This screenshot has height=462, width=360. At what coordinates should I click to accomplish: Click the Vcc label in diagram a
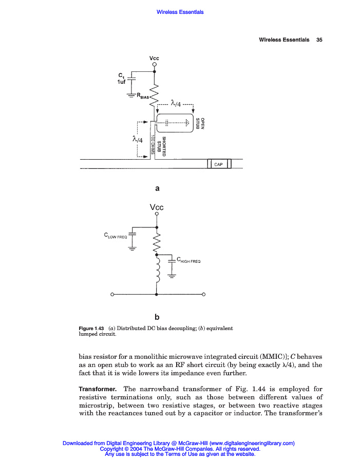click(154, 58)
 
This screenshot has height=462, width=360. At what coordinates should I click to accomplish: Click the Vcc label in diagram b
click(157, 207)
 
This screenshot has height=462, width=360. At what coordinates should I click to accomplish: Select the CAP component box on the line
click(219, 164)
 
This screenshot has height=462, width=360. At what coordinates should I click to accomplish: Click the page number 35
click(319, 40)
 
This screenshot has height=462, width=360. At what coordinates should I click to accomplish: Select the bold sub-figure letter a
click(157, 188)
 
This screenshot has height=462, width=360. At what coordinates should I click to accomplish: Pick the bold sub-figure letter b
click(157, 316)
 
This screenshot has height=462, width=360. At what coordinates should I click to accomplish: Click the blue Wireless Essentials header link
click(180, 12)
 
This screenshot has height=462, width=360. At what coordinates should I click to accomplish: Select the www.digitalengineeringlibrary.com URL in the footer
click(252, 443)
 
